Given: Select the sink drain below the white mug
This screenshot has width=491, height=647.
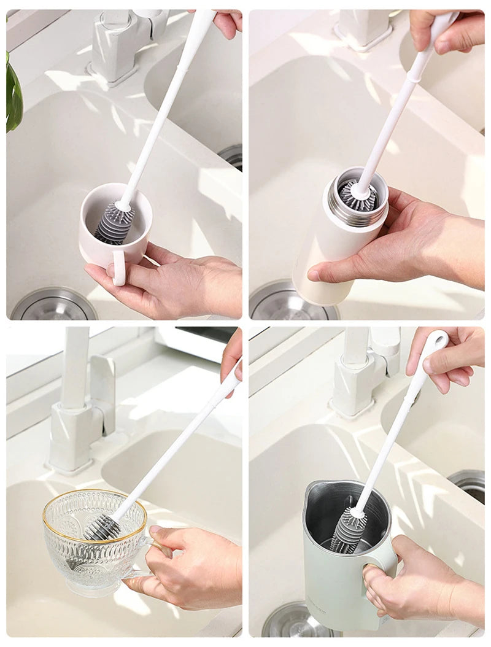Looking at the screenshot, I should tap(53, 306).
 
